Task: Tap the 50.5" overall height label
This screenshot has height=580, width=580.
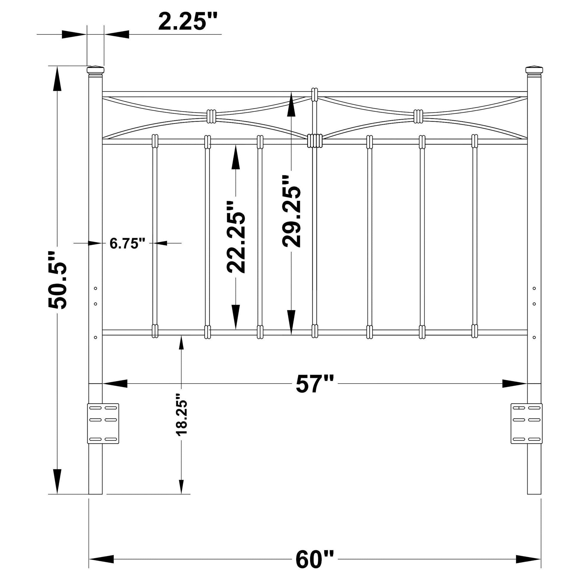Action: pos(57,280)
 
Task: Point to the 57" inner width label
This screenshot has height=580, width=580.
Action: pos(315,384)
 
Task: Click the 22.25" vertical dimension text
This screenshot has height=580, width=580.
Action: pos(236,237)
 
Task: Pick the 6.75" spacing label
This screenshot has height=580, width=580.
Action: pos(128,243)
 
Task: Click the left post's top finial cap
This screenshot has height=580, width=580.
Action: pos(95,70)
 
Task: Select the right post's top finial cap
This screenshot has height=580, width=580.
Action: pos(534,70)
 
